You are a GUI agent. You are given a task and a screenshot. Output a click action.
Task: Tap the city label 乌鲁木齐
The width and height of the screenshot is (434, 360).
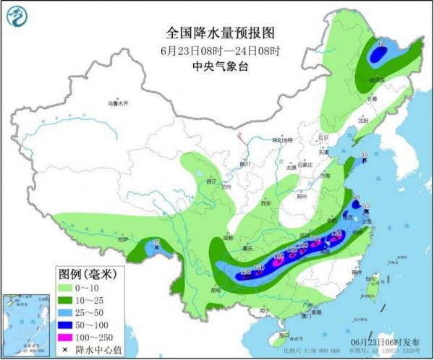[x=117, y=104]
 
